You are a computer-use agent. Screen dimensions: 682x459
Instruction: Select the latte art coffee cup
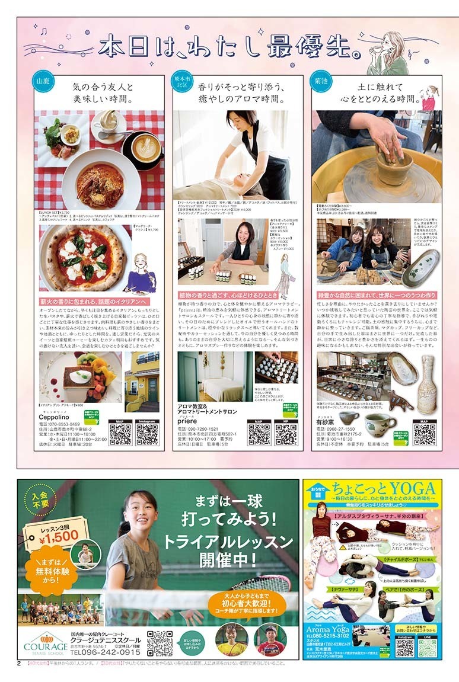(145, 149)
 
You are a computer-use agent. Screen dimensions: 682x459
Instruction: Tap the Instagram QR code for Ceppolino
(147, 433)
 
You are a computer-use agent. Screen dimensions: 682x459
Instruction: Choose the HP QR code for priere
(286, 433)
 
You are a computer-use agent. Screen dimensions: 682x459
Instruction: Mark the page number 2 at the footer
(19, 663)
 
